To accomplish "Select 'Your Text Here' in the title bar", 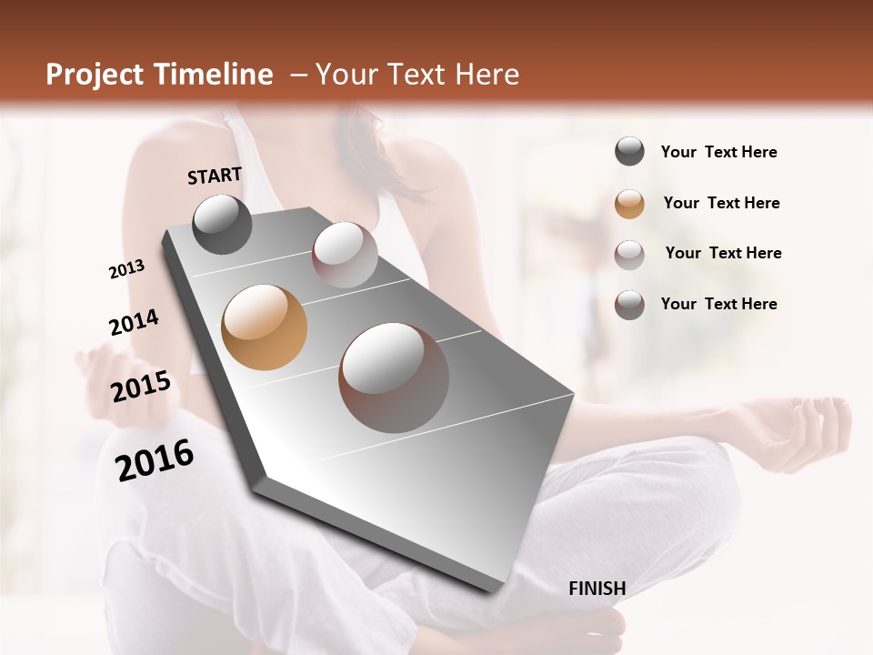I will pyautogui.click(x=416, y=75).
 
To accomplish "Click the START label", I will pyautogui.click(x=215, y=176).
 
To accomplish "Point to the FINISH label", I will pyautogui.click(x=597, y=589).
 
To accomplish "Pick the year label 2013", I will pyautogui.click(x=126, y=269).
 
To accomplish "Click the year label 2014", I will pyautogui.click(x=134, y=322).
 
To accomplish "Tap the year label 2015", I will pyautogui.click(x=141, y=387).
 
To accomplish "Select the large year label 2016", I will pyautogui.click(x=155, y=459).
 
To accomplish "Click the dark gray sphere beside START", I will pyautogui.click(x=222, y=224).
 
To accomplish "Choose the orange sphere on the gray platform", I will pyautogui.click(x=264, y=327).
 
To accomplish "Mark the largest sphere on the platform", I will pyautogui.click(x=394, y=377).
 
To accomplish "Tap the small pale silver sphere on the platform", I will pyautogui.click(x=345, y=254).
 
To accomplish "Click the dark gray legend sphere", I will pyautogui.click(x=629, y=151).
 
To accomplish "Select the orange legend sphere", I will pyautogui.click(x=629, y=203).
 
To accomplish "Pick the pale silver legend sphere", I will pyautogui.click(x=629, y=254).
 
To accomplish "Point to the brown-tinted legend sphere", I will pyautogui.click(x=629, y=305).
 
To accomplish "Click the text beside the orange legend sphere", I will pyautogui.click(x=721, y=203).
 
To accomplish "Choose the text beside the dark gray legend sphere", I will pyautogui.click(x=718, y=152).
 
